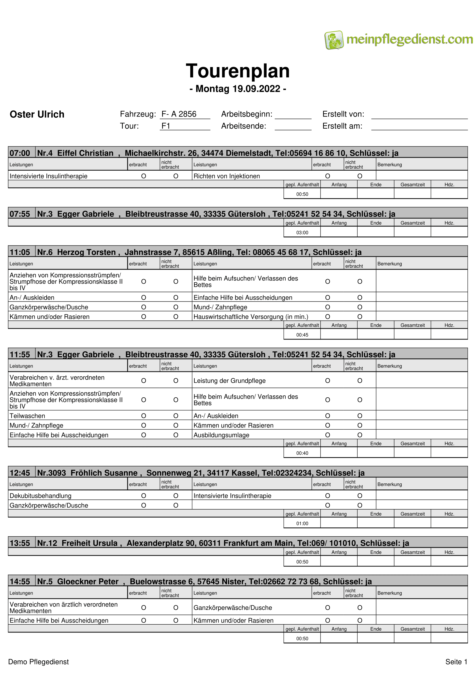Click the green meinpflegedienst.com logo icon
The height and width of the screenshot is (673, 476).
pos(334,40)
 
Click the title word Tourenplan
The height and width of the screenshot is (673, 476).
pos(238,71)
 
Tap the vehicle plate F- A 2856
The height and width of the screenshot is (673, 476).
pos(179,114)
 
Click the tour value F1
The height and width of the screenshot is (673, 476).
pos(166,126)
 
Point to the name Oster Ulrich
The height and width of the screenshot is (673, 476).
pos(37,114)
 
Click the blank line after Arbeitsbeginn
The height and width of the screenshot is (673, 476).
pos(293,115)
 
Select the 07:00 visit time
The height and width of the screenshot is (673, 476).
pos(20,153)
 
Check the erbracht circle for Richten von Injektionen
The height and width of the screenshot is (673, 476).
pos(328,176)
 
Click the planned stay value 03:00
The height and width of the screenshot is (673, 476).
pos(302,233)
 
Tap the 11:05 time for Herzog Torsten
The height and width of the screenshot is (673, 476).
pos(20,252)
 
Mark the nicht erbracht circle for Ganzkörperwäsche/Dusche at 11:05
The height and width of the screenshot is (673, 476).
pos(176,307)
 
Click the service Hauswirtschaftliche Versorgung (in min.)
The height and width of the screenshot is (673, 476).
pos(251,317)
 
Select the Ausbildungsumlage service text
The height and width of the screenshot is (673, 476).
pos(221,435)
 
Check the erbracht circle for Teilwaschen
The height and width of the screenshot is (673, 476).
pos(143,416)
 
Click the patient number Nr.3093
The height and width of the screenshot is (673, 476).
pos(52,473)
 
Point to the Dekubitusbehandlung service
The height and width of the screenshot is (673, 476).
pos(41,496)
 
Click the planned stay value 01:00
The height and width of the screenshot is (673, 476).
pos(302,523)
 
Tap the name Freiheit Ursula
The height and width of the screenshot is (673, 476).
pos(90,543)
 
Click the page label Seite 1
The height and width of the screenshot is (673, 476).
pos(456,662)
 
